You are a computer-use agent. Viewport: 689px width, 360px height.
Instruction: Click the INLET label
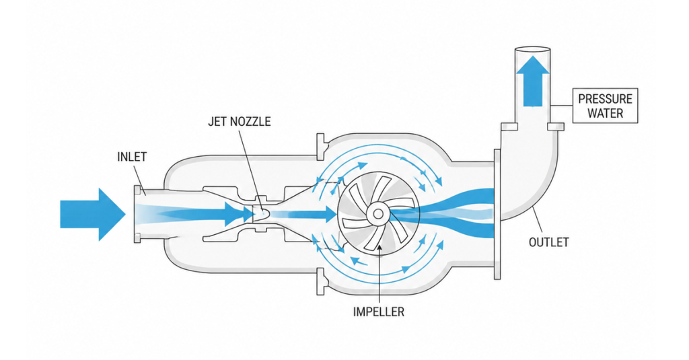tap(132, 157)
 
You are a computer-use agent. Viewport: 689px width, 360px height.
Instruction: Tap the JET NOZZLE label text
tap(240, 121)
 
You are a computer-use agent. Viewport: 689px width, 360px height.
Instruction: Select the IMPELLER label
tap(378, 312)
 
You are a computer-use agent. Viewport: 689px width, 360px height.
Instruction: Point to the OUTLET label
tap(549, 242)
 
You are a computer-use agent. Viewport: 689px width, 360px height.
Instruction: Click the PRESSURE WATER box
tap(605, 106)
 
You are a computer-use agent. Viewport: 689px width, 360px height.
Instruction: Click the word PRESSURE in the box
tap(605, 99)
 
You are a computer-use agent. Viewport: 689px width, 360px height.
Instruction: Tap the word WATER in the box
tap(605, 113)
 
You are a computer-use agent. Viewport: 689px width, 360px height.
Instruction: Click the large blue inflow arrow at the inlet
tap(93, 214)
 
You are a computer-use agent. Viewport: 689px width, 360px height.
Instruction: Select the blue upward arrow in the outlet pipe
tap(533, 81)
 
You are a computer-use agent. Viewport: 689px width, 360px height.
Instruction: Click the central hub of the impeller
tap(377, 214)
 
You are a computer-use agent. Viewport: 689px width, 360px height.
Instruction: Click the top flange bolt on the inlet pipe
tap(137, 190)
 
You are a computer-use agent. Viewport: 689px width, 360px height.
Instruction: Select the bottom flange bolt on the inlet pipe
tap(137, 238)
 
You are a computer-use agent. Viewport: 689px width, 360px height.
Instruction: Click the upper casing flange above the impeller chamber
tap(321, 147)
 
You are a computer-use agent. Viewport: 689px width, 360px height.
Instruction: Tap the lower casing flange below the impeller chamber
tap(321, 282)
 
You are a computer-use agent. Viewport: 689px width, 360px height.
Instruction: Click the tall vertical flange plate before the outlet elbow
tap(497, 214)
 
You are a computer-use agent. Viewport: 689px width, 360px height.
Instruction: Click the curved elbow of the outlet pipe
tap(545, 184)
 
